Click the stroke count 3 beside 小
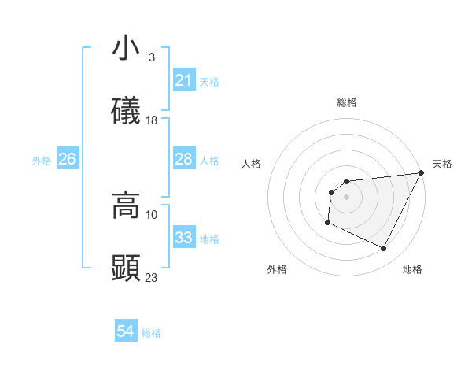pos(151,57)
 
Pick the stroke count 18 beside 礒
pos(152,120)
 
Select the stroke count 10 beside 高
pos(152,214)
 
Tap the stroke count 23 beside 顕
pos(152,277)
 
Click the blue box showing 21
pos(184,80)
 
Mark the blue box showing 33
pos(184,239)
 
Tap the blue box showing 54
pos(126,332)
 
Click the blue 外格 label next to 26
pos(42,161)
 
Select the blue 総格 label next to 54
pos(151,333)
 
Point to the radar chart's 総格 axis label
pos(347,102)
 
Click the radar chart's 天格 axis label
pos(442,164)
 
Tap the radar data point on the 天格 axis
pos(422,173)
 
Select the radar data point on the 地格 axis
pos(384,249)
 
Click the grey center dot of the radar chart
pos(347,197)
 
